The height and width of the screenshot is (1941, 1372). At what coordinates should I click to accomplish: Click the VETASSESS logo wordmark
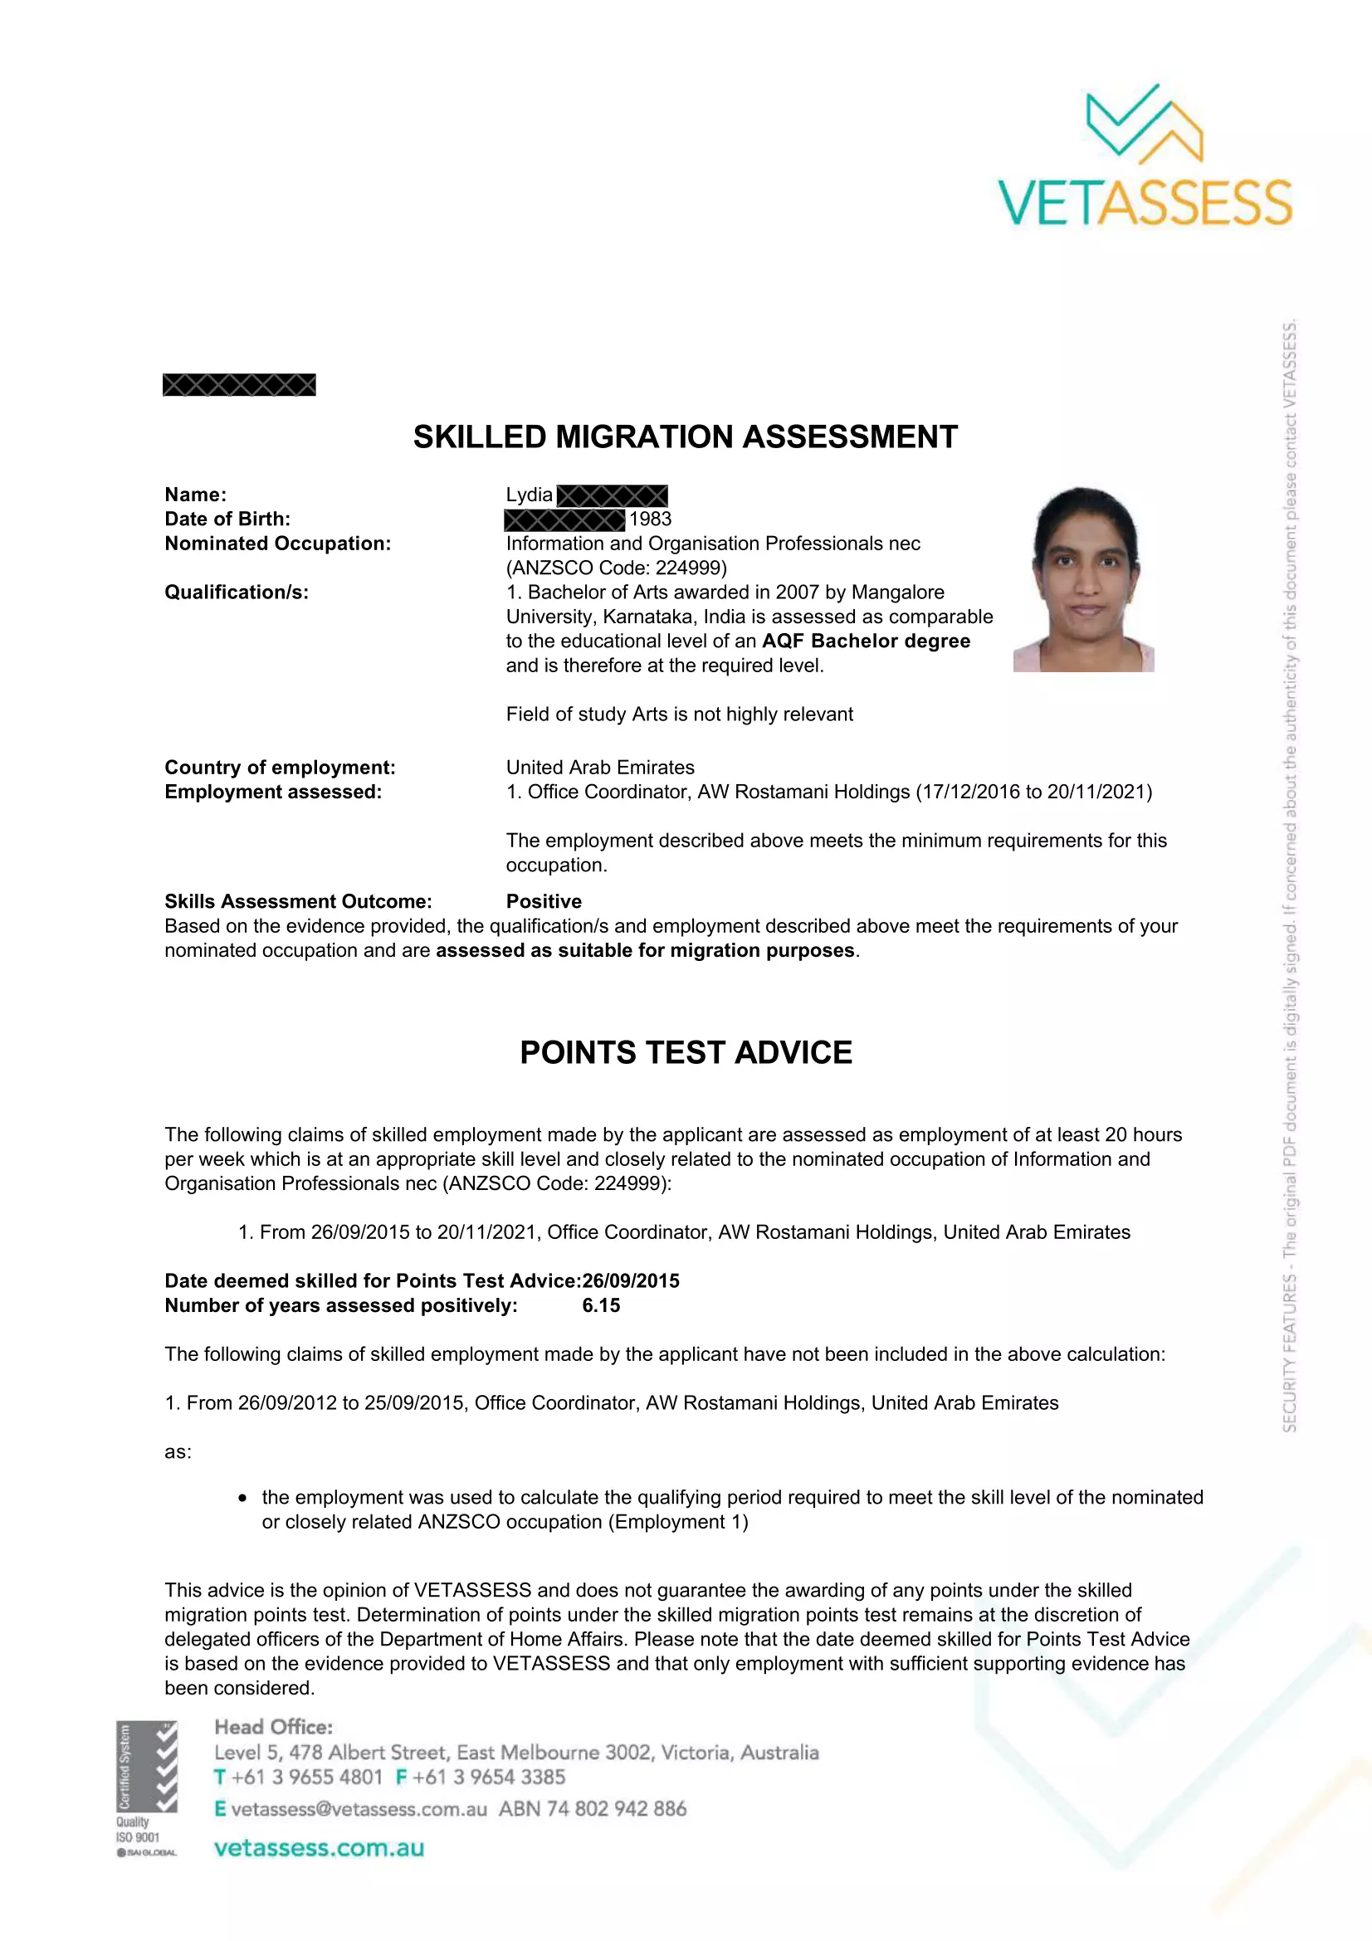(1145, 202)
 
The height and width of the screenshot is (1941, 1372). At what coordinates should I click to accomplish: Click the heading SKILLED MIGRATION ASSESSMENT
(685, 437)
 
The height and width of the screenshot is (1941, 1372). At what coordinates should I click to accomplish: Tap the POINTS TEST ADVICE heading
(686, 1052)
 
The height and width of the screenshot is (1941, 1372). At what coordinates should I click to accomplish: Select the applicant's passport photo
(1084, 579)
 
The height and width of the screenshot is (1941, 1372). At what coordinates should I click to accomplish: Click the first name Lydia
(530, 495)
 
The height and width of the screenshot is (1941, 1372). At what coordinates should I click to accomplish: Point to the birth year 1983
(650, 519)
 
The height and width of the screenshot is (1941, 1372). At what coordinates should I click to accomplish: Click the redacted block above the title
(239, 386)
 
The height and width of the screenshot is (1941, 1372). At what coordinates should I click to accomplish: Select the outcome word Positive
(544, 901)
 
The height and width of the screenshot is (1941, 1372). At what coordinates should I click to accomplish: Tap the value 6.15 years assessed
(601, 1305)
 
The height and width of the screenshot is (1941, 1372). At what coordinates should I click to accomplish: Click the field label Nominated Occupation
(277, 544)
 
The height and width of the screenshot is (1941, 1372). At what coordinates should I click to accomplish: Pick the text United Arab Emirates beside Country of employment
(600, 768)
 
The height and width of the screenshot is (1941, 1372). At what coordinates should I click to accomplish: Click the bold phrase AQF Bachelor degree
(866, 641)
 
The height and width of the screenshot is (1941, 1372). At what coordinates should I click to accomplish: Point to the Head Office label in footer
(273, 1727)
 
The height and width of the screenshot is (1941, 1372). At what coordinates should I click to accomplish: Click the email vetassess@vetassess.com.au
(359, 1809)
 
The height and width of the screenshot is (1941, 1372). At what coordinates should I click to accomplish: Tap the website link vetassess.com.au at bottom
(319, 1848)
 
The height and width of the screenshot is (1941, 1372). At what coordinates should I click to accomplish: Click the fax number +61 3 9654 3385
(489, 1777)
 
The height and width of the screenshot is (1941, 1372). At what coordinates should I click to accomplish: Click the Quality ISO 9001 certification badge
(146, 1787)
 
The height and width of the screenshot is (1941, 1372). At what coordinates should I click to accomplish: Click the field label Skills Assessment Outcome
(298, 901)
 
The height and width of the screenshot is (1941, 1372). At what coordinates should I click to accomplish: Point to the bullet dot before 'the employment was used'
(242, 1498)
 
